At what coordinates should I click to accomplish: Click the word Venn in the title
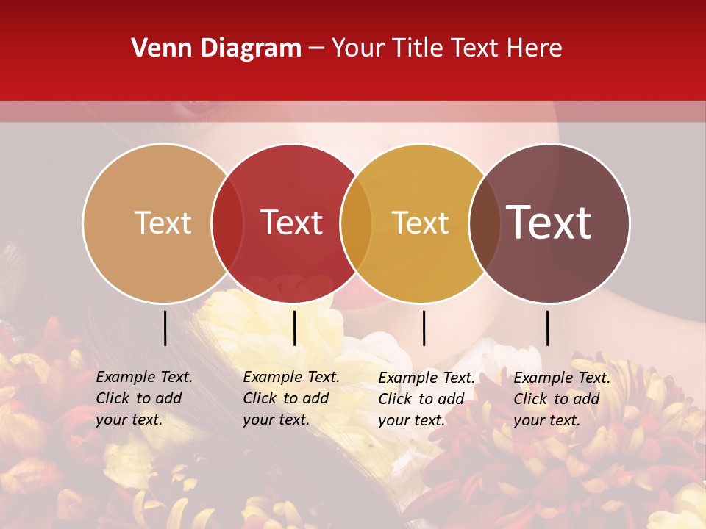pyautogui.click(x=159, y=48)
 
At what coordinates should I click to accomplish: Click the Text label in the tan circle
pyautogui.click(x=163, y=223)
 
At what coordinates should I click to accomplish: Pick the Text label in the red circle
pyautogui.click(x=292, y=223)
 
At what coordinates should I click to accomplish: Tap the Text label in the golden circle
pyautogui.click(x=421, y=223)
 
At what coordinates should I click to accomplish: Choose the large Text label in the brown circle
pyautogui.click(x=549, y=223)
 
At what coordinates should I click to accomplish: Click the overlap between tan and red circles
pyautogui.click(x=227, y=223)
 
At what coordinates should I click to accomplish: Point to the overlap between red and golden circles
pyautogui.click(x=356, y=223)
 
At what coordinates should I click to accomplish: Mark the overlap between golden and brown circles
pyautogui.click(x=485, y=223)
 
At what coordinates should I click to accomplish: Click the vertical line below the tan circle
pyautogui.click(x=165, y=328)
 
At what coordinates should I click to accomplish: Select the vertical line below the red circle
pyautogui.click(x=294, y=328)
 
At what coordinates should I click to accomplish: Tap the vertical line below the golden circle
pyautogui.click(x=424, y=328)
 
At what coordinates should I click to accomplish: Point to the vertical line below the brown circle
pyautogui.click(x=547, y=328)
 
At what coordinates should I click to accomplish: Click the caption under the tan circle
pyautogui.click(x=143, y=398)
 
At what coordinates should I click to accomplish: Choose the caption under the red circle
pyautogui.click(x=290, y=398)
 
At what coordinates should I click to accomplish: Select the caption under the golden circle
pyautogui.click(x=426, y=399)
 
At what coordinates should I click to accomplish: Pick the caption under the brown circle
pyautogui.click(x=561, y=399)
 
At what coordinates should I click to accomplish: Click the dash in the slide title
pyautogui.click(x=317, y=49)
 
